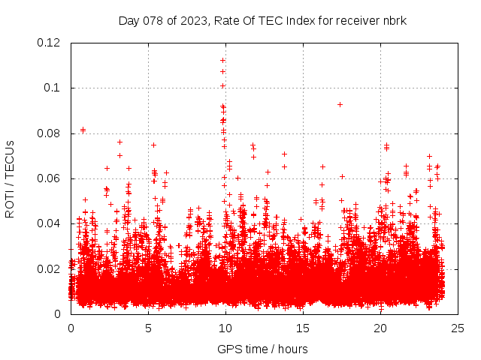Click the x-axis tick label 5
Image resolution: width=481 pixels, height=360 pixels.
(x=148, y=328)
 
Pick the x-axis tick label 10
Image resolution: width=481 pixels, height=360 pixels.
(x=225, y=328)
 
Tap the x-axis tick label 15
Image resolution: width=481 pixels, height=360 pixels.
(x=302, y=328)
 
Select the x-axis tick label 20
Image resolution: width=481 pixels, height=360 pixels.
(x=380, y=328)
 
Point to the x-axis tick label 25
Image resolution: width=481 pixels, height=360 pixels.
(x=457, y=328)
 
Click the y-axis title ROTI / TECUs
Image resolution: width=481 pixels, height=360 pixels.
(x=10, y=178)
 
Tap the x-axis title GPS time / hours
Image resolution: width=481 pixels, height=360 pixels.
(x=262, y=349)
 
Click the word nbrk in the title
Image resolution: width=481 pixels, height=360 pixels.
(x=393, y=20)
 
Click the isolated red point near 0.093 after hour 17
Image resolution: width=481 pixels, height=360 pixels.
(x=340, y=104)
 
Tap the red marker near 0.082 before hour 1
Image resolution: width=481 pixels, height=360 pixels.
(x=83, y=130)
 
